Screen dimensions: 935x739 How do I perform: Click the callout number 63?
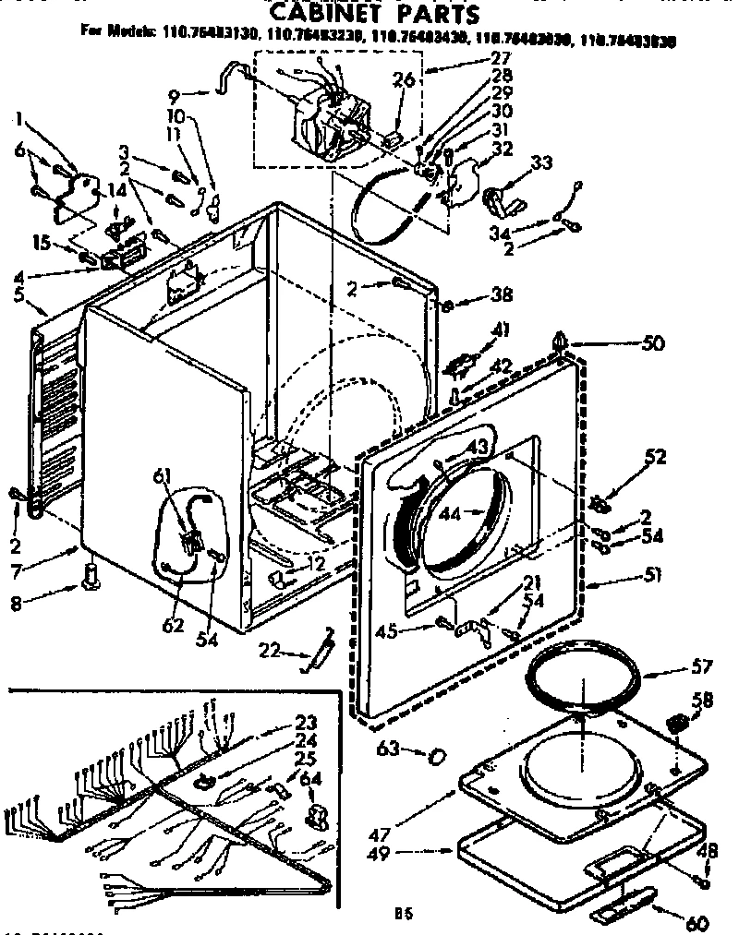click(x=388, y=749)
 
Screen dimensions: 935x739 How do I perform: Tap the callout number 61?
click(x=163, y=475)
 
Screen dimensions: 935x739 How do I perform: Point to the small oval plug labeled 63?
click(x=435, y=757)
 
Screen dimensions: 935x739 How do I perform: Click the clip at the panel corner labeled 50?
click(x=563, y=342)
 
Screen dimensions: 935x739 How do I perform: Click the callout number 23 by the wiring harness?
click(x=306, y=723)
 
